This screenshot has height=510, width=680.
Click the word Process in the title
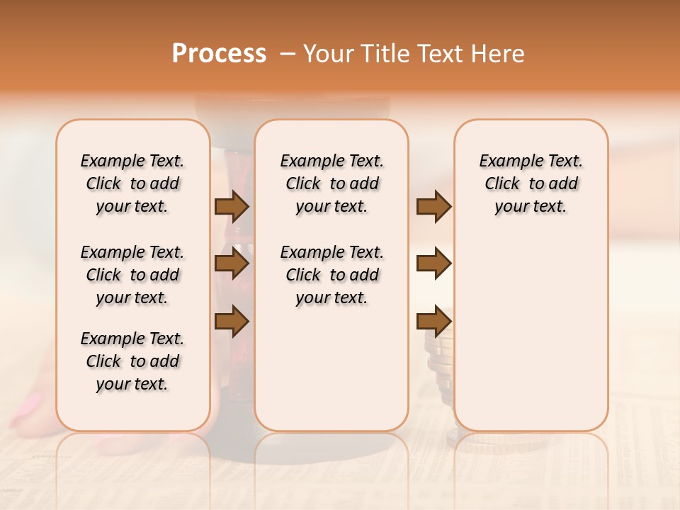219,54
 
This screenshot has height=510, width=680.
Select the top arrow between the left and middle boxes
232,206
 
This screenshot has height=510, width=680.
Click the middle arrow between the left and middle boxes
232,264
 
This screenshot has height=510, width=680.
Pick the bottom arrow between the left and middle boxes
232,321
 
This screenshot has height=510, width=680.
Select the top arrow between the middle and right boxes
433,206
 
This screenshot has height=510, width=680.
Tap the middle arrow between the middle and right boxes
433,264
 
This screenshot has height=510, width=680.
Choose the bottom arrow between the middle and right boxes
433,321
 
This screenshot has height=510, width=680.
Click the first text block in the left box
132,183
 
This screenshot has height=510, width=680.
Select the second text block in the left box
132,275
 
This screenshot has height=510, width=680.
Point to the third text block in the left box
132,361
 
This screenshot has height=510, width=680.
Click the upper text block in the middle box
332,183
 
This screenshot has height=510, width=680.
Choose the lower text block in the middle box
332,275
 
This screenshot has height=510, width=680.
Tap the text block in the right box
531,183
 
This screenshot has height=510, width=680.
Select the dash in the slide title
288,54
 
